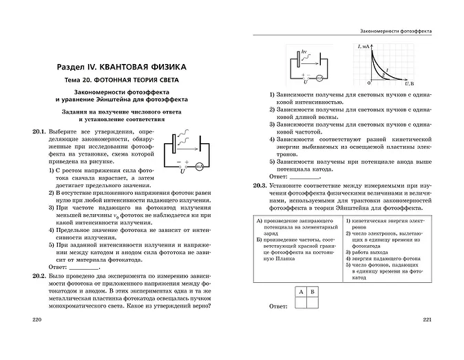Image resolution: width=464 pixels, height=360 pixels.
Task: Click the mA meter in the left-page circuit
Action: [200, 166]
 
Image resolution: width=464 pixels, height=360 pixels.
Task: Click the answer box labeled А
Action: [302, 292]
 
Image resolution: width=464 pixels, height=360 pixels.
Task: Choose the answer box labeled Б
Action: [312, 292]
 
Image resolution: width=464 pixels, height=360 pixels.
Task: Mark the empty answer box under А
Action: [302, 303]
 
